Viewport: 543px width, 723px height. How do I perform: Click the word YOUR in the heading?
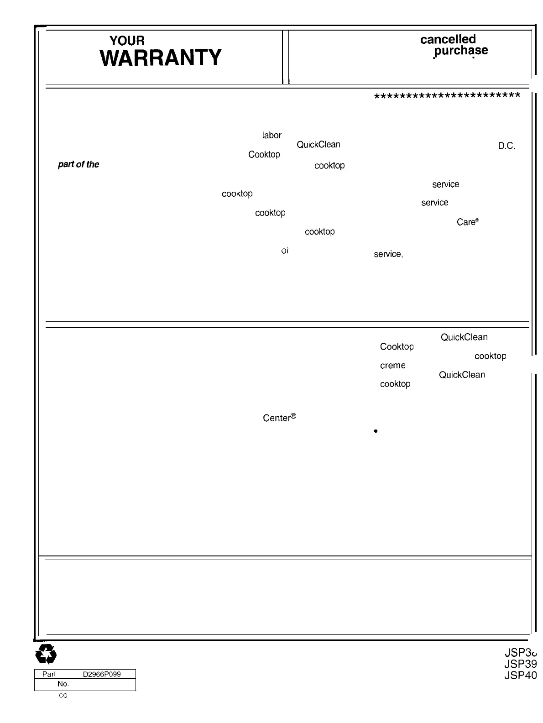tap(127, 42)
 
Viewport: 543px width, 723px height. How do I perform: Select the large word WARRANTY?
tap(161, 58)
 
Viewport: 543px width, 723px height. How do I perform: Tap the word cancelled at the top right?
tap(448, 39)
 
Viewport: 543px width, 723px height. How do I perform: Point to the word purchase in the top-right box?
tap(461, 51)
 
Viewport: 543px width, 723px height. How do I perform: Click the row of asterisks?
tap(447, 96)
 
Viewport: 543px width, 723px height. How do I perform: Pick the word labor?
tap(271, 135)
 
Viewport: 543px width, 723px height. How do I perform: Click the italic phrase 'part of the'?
tap(78, 164)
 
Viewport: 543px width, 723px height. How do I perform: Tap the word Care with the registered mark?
tap(467, 222)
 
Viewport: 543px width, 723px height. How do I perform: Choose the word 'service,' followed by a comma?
tap(388, 254)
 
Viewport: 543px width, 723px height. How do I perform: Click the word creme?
tap(392, 366)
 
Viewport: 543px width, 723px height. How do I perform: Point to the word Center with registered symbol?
tap(280, 418)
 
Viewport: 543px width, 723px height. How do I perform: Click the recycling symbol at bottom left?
tap(46, 655)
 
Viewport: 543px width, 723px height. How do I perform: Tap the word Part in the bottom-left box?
tap(48, 674)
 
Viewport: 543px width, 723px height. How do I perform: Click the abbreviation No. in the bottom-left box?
tap(63, 684)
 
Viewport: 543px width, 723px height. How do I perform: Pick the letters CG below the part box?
tap(63, 696)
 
